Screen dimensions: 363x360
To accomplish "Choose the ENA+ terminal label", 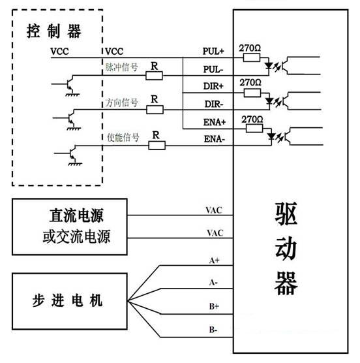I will pos(215,121).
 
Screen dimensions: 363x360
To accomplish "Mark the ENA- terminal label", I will pos(215,139).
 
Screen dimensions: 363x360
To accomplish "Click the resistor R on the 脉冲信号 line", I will pos(155,76).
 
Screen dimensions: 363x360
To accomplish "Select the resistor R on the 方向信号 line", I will pos(155,110).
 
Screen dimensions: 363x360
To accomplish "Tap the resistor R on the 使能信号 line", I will pos(157,146).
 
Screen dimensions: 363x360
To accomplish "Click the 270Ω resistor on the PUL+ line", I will pos(250,58).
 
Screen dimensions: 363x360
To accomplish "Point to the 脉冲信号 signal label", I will pos(122,67).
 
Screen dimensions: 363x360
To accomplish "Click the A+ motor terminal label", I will pos(214,260).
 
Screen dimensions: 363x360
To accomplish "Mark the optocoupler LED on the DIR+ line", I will pos(269,101).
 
